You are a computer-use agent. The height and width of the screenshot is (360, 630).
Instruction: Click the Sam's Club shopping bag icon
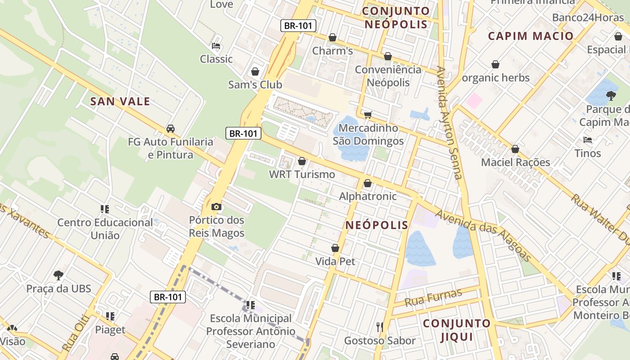[255, 72]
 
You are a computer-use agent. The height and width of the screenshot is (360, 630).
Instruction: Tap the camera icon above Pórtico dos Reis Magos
[216, 207]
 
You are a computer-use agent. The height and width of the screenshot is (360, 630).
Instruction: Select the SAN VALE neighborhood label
[120, 101]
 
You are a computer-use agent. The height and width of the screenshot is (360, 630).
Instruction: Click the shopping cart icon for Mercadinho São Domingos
[368, 115]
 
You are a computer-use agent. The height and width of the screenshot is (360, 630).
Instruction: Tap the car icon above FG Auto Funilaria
[171, 129]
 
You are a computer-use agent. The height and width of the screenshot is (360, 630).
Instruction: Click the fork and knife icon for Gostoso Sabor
[380, 327]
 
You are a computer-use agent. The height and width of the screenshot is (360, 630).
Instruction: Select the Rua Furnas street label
[433, 297]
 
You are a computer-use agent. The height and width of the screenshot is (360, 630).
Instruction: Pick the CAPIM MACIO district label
[531, 36]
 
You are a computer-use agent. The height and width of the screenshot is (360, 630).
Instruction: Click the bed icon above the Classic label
[216, 46]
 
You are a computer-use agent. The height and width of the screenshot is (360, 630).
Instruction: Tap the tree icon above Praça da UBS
[58, 275]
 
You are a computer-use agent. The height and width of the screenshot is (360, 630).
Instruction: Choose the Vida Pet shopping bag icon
[335, 248]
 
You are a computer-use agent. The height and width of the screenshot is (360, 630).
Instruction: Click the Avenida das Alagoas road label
[483, 235]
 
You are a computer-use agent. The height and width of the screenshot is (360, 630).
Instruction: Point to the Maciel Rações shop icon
[515, 149]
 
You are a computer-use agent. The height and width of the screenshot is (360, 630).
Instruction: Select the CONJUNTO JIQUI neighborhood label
[456, 330]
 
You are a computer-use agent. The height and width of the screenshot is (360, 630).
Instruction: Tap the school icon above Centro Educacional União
[105, 209]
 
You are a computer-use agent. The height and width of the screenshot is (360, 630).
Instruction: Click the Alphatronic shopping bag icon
[368, 183]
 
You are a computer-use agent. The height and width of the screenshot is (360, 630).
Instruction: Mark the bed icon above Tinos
[587, 140]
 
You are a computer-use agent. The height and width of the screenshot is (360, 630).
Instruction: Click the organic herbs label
[496, 78]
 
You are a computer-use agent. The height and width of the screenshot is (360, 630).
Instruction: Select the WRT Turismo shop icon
[302, 161]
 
